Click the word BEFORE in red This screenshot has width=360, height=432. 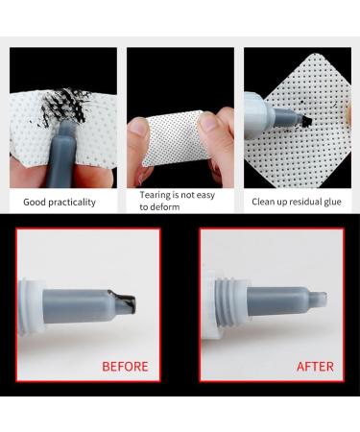125,367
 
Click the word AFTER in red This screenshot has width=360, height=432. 315,367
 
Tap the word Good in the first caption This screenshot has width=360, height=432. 35,202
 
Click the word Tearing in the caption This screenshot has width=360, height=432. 155,195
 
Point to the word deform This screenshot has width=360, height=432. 164,206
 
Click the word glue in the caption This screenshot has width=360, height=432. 332,202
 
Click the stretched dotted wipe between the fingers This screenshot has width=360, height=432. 176,138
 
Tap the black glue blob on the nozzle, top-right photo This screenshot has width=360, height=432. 306,121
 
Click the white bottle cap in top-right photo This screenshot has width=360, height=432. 257,115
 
